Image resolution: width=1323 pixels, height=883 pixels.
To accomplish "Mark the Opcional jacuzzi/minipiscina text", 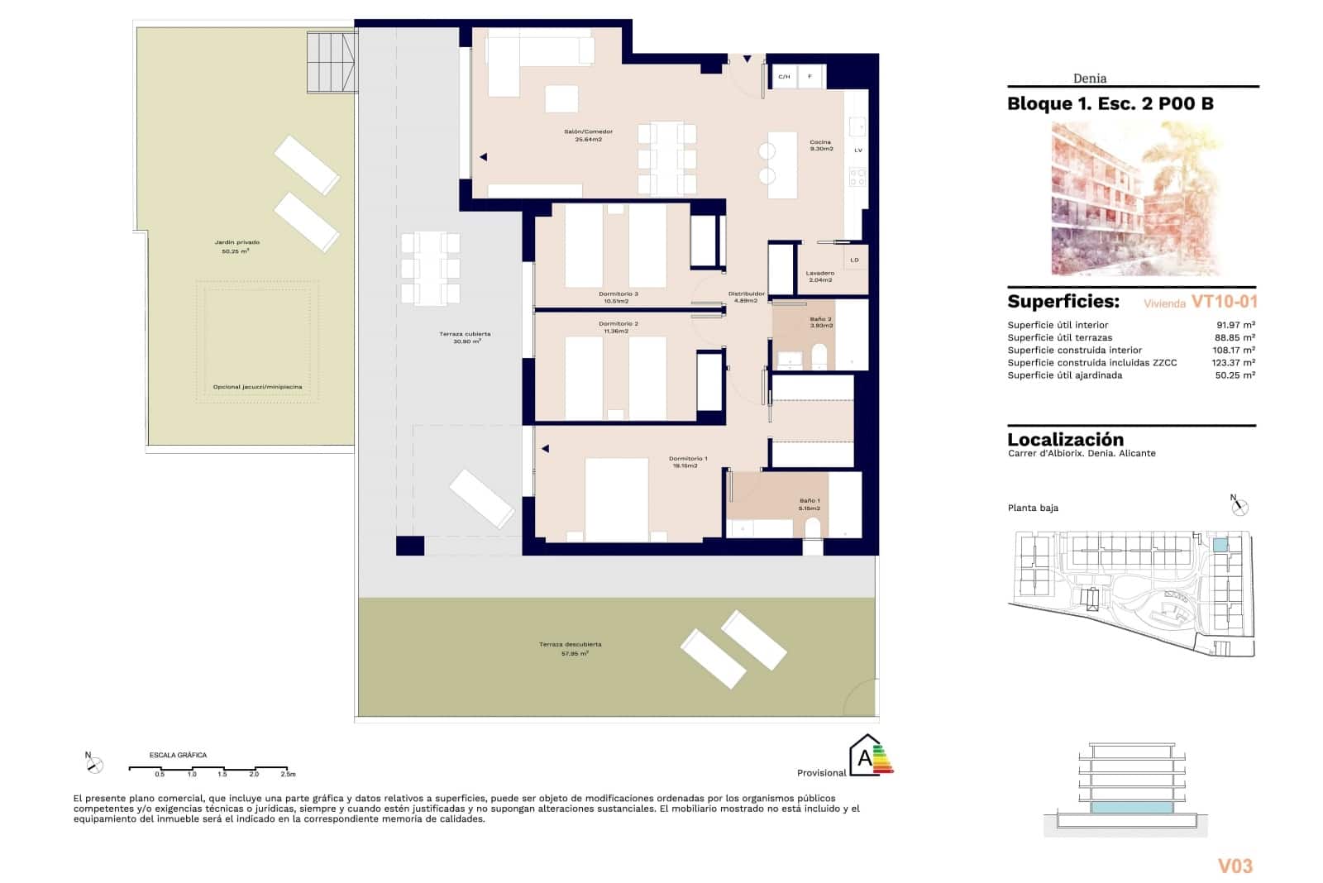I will tap(256, 387).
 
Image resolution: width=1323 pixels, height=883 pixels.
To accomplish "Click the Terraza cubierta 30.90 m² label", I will tap(465, 337).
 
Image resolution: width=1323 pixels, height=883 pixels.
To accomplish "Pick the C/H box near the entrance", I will tap(783, 77).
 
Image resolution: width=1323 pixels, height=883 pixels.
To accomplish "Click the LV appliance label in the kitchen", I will tap(857, 150).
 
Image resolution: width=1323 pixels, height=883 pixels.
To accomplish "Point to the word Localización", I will tap(1065, 440).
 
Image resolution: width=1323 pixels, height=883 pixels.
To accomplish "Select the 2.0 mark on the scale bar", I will tap(254, 774).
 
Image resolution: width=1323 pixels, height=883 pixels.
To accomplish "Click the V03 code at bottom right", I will tap(1235, 866).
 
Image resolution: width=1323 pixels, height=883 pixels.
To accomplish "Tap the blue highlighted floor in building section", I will tap(1130, 807).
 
